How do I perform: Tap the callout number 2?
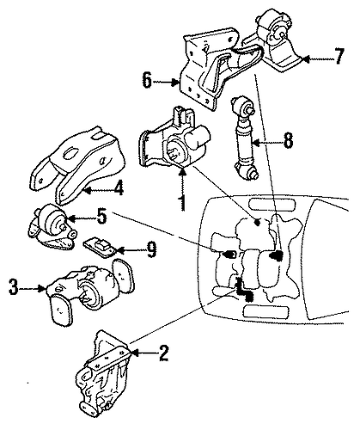point(163,353)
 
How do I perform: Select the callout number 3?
point(13,287)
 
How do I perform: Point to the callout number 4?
point(118,188)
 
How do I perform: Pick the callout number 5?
point(101,217)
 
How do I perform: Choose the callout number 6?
point(147,80)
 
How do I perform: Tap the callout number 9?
point(151,249)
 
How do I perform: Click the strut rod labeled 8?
point(245,138)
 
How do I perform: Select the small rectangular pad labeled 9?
point(100,247)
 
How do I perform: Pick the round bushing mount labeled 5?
point(52,226)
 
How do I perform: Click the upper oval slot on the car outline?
point(272,204)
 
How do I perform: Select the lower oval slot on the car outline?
point(265,311)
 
